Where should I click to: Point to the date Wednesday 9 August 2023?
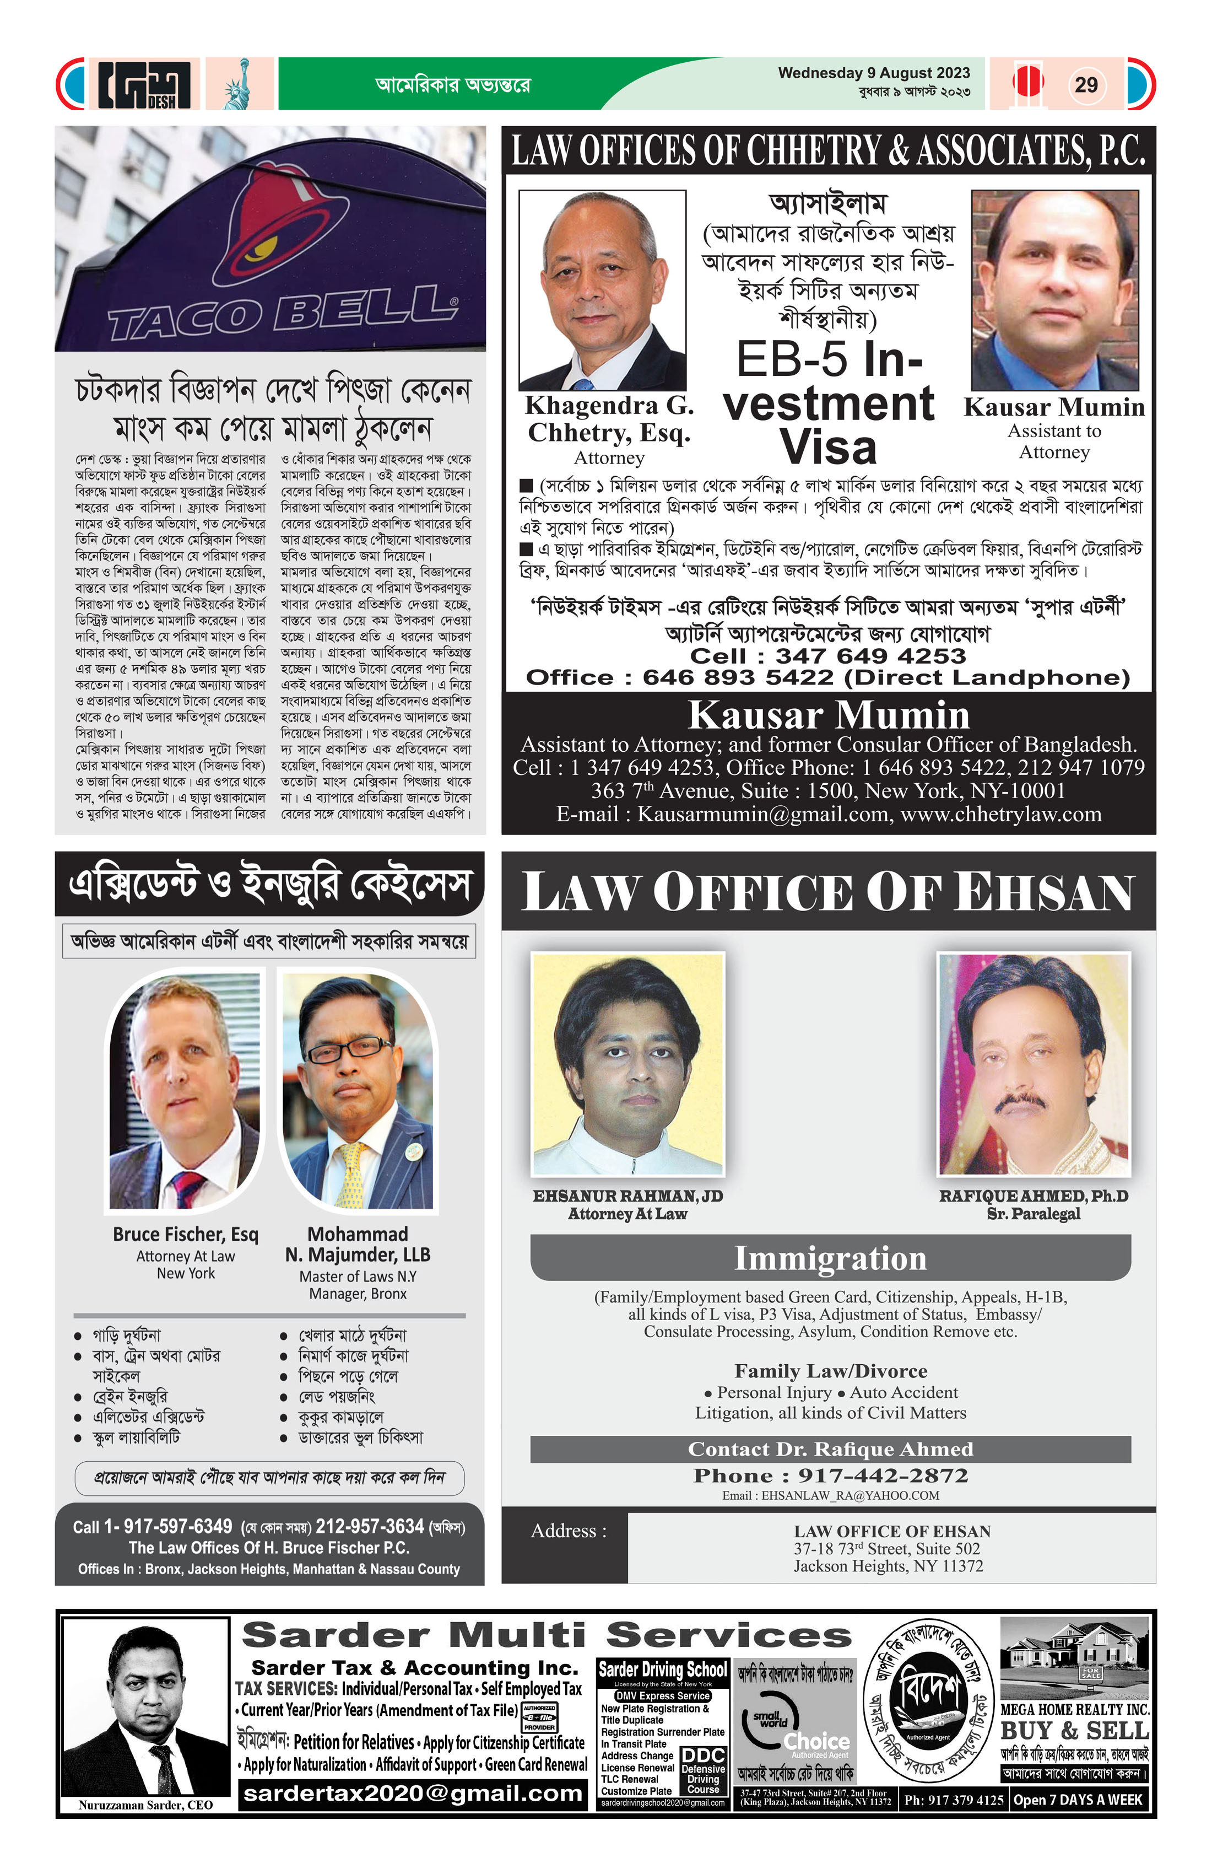coord(874,73)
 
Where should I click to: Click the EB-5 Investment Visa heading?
coord(828,402)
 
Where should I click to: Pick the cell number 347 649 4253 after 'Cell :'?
coord(870,656)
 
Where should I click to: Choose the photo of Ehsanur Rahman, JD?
coord(628,1064)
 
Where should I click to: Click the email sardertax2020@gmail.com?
coord(413,1794)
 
